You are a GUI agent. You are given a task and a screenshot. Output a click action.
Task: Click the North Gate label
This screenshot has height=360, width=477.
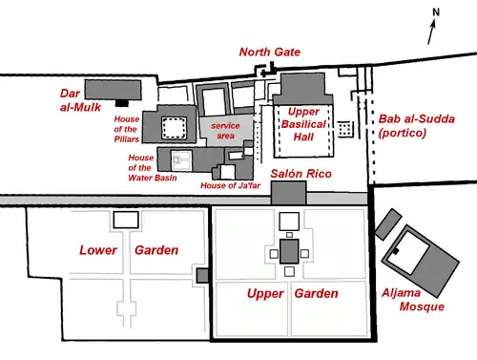point(270,52)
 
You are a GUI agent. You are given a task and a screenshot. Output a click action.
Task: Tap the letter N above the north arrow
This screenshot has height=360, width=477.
point(436,12)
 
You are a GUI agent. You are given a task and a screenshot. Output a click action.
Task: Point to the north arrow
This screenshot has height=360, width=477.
point(431,32)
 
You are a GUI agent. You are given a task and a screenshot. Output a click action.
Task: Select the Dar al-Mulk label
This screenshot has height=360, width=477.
point(80,100)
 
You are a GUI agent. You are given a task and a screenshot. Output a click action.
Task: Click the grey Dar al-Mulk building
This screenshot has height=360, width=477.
point(113,90)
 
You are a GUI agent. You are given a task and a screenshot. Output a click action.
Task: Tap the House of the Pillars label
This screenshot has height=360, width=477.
point(127,129)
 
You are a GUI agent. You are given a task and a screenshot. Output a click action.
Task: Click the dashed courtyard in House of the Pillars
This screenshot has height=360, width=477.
point(174,128)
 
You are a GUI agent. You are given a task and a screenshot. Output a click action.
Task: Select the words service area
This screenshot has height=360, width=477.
point(225,131)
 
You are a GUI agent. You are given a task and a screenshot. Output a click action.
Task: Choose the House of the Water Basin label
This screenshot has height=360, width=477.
point(153,167)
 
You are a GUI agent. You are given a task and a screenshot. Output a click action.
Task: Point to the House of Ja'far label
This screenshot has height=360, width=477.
point(230,185)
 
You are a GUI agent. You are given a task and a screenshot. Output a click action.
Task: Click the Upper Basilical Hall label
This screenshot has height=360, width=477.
point(303,124)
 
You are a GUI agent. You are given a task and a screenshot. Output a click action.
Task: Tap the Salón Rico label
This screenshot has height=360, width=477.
point(301,174)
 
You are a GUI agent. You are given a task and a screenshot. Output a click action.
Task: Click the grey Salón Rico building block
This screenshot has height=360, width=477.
point(289,193)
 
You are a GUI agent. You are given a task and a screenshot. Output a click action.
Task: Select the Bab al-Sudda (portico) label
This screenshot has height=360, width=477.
point(416,125)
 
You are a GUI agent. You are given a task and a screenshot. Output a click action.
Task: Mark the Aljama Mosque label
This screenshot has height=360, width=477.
point(413,299)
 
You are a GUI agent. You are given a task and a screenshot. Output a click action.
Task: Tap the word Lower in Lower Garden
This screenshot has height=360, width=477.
point(98,250)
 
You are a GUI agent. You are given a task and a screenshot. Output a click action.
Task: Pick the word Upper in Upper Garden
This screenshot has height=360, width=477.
point(265,293)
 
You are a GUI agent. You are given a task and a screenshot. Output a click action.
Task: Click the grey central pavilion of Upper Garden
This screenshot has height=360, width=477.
point(289,252)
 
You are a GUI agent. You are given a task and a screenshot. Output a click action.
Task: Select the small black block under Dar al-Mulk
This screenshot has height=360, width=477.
point(122,103)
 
